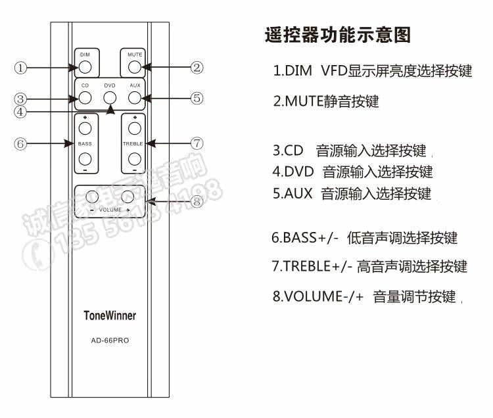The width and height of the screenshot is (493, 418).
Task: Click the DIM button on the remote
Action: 85,66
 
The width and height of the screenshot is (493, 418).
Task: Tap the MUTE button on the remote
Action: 134,66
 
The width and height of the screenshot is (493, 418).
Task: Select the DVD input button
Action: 110,99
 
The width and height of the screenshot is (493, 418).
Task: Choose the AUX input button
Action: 134,99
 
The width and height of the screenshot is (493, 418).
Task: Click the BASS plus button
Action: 85,129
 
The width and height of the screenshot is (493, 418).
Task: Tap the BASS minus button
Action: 85,158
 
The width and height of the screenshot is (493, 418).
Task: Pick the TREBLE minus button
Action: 134,158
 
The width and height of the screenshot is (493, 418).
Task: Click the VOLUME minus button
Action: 92,197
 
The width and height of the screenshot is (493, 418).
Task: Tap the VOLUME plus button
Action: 128,197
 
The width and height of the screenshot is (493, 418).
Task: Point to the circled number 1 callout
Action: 21,68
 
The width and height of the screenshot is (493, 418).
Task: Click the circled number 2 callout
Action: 196,66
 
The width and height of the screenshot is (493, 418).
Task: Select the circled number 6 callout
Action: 21,143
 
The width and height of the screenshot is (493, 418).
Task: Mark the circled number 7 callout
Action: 196,143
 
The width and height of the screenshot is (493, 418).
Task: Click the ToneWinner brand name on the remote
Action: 110,315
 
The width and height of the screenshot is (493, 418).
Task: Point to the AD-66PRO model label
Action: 110,340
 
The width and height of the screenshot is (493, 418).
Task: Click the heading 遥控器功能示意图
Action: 337,35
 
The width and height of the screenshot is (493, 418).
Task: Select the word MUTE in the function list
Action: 304,102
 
